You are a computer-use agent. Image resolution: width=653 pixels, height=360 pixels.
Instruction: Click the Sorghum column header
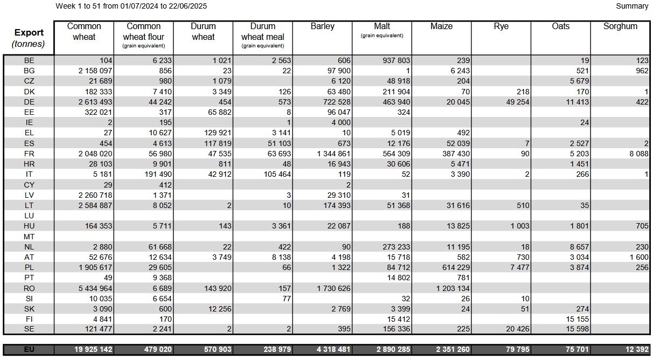[620, 26]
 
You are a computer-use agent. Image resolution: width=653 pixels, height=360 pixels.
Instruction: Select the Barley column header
[322, 26]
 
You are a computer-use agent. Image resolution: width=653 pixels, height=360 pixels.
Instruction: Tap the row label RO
[29, 288]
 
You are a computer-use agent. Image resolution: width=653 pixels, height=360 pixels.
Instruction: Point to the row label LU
[29, 216]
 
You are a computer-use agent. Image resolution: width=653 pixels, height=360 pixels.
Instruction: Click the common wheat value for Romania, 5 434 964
[95, 288]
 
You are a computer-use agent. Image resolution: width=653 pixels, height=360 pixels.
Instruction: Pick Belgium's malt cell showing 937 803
[396, 60]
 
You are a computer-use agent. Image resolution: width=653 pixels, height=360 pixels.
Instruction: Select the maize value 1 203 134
[453, 288]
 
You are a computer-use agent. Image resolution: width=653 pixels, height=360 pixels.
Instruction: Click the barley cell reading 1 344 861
[334, 154]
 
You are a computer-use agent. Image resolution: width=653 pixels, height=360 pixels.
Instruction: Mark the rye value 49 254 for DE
[518, 102]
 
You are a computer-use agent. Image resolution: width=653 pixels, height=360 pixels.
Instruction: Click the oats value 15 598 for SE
[578, 329]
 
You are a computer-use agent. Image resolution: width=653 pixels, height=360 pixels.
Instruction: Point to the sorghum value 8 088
[639, 154]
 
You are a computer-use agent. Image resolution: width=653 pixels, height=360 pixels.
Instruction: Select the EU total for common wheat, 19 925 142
[93, 349]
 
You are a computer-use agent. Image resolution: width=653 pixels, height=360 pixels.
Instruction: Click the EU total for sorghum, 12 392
[637, 349]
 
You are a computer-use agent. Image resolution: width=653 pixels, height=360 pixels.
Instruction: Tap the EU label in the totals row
[29, 349]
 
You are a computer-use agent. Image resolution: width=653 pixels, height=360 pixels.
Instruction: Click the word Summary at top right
[632, 6]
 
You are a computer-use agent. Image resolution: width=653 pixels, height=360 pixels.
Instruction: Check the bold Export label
[29, 32]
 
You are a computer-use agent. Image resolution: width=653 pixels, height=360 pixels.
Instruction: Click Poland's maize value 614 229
[456, 267]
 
